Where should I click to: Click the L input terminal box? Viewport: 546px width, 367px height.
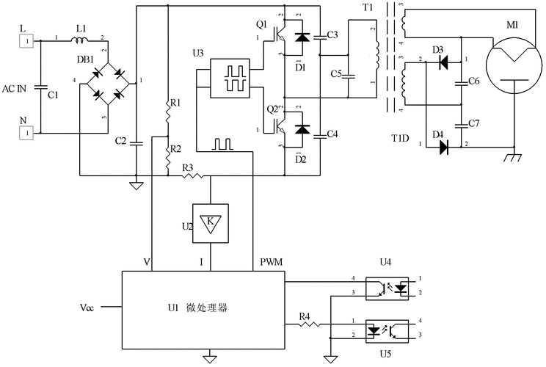coord(26,41)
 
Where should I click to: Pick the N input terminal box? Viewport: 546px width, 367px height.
coord(26,133)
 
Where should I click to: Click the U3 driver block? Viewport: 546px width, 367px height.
coord(231,78)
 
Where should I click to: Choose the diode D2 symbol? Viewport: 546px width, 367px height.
coord(299,129)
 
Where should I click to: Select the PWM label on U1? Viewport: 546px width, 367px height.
coord(272,261)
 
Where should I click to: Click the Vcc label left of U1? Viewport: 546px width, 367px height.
coord(87,305)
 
